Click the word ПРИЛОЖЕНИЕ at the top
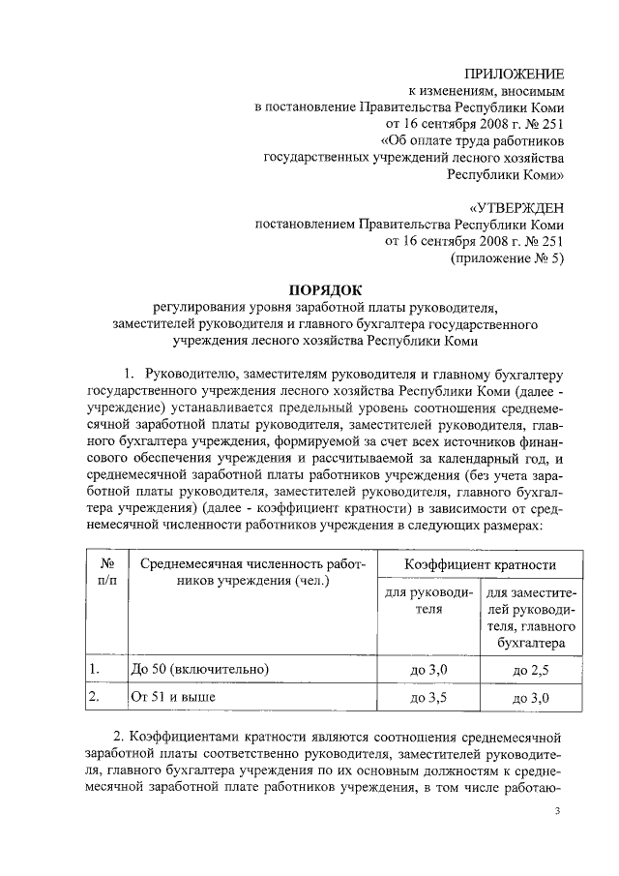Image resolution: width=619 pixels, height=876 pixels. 514,74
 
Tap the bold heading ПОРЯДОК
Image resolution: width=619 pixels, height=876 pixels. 325,289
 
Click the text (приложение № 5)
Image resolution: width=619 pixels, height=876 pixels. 508,258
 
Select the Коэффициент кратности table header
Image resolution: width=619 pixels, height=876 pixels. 466,563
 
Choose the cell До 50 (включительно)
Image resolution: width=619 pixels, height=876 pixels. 198,669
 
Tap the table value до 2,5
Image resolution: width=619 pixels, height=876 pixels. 531,670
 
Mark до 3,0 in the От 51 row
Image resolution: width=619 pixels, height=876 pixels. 531,697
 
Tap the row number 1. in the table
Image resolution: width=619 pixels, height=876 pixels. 95,669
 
